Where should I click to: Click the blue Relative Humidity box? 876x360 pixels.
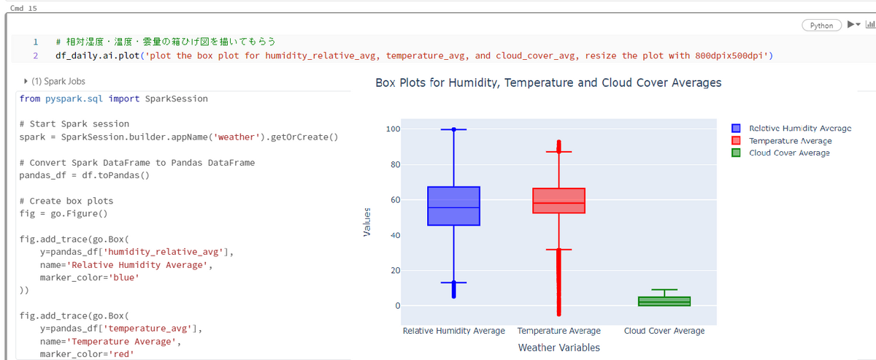pos(453,206)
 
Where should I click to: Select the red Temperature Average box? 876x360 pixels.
pos(559,200)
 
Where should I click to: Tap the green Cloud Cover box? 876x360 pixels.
pos(664,301)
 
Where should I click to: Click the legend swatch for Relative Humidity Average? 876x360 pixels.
pos(736,129)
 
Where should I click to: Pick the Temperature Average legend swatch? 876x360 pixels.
pos(736,140)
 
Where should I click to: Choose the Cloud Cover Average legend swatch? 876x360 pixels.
pos(736,153)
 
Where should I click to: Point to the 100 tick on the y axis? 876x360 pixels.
pos(393,129)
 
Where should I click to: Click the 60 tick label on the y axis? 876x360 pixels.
pos(396,199)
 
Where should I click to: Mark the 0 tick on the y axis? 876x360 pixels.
pos(398,306)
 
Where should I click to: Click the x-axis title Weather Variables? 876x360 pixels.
pos(559,348)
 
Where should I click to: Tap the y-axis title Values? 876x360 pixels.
pos(366,222)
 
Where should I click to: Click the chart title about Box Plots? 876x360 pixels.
pos(548,83)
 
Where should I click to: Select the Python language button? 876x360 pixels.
pos(822,26)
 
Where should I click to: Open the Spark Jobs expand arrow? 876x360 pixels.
pos(26,81)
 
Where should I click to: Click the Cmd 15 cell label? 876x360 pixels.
pos(23,8)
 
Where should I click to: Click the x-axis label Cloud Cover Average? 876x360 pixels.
pos(664,331)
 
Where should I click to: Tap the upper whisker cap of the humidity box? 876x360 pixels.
pos(453,129)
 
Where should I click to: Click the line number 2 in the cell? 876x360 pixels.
pos(36,55)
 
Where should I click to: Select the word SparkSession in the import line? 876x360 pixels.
pos(177,99)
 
